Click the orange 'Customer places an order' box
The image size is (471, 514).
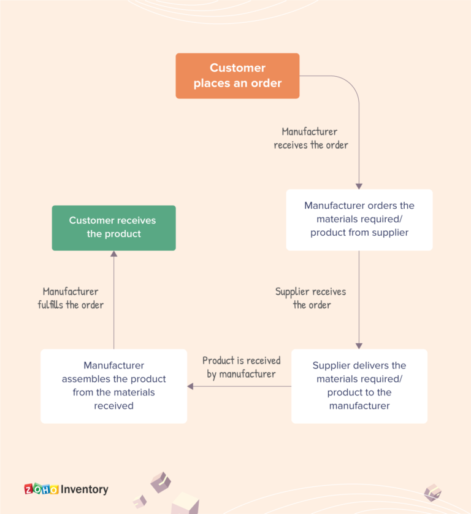[237, 76]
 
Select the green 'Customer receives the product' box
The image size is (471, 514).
[113, 227]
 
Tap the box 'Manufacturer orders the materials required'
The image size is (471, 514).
[359, 219]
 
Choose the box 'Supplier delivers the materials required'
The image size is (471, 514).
[359, 386]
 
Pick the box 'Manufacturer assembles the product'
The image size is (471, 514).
[113, 386]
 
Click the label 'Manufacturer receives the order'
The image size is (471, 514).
[310, 138]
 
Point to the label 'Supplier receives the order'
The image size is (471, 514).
[311, 298]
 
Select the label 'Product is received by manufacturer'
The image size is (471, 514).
[241, 367]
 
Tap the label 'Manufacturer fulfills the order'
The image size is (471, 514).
[71, 298]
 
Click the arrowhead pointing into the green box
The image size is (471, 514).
[113, 254]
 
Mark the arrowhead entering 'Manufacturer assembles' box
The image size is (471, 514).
[191, 386]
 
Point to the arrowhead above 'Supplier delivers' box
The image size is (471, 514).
[359, 346]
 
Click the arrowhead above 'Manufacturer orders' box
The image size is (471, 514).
[359, 185]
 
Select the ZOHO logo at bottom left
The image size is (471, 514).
[41, 489]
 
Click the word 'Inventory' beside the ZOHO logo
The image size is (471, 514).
[85, 489]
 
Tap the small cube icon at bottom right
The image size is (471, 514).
[432, 492]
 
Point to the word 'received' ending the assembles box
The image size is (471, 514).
[113, 406]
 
